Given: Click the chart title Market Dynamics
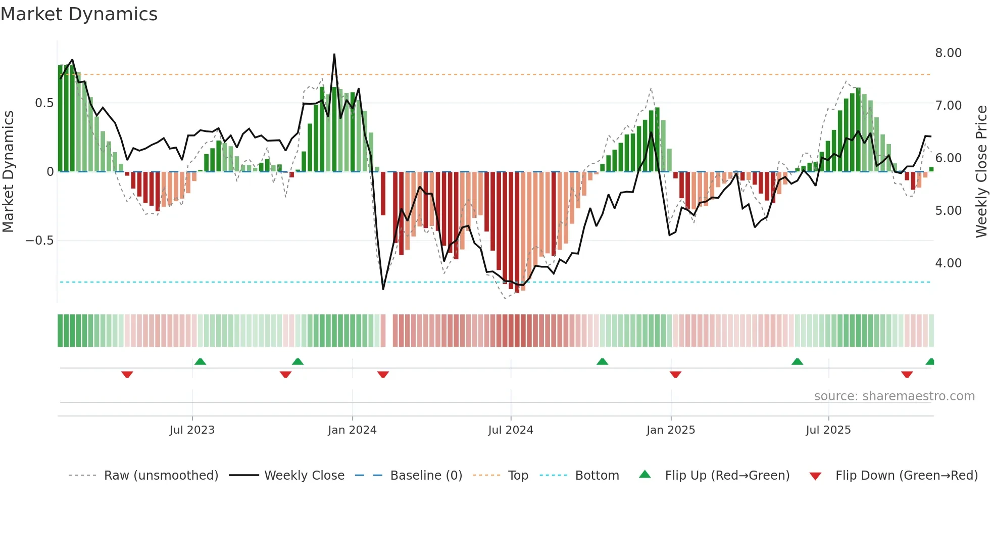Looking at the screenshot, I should (x=79, y=14).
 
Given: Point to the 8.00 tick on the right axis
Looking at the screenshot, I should (x=948, y=53).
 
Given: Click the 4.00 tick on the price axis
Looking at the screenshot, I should (x=948, y=263).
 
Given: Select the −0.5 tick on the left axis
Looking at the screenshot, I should (x=40, y=241).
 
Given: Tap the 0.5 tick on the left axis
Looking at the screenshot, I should (x=44, y=103).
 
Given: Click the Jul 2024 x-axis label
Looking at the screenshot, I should (x=510, y=430).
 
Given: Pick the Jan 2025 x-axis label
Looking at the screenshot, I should (x=670, y=430).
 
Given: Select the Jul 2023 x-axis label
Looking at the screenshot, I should (x=192, y=430).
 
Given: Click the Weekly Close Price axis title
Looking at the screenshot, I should (x=981, y=171).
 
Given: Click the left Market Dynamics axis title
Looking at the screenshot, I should (x=8, y=171).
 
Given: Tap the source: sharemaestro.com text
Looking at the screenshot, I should (x=894, y=396).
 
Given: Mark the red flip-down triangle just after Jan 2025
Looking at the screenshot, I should (x=675, y=375).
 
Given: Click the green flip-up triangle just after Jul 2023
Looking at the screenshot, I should (x=200, y=361).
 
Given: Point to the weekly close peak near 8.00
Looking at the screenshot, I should (x=334, y=55).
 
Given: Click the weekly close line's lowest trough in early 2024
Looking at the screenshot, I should (x=383, y=289).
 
